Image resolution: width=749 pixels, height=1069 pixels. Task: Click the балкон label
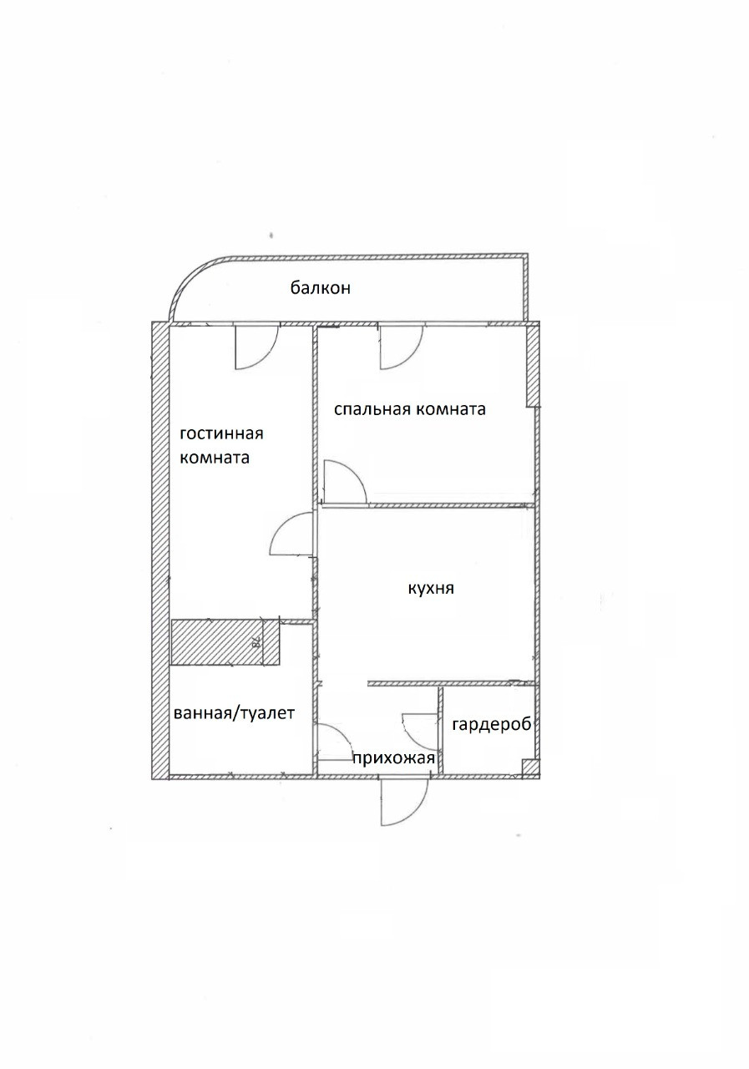tap(320, 289)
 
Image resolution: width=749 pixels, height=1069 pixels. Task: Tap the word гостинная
tap(221, 433)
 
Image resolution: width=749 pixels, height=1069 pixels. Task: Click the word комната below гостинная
tap(215, 458)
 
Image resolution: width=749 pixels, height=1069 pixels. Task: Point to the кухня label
tap(430, 588)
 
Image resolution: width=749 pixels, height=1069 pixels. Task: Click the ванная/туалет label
tap(234, 714)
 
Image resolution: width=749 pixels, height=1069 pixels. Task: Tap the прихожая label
tap(393, 758)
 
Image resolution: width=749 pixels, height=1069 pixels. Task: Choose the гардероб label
tap(492, 724)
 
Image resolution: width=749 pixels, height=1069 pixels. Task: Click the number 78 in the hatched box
tap(256, 642)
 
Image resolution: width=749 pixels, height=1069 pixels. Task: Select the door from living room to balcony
tap(254, 346)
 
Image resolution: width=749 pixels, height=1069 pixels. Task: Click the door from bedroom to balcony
tap(400, 346)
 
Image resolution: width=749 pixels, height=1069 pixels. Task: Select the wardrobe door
tap(421, 729)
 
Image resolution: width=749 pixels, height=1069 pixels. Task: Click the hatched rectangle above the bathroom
tap(216, 642)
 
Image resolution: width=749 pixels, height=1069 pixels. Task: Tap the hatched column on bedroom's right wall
tap(532, 365)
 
